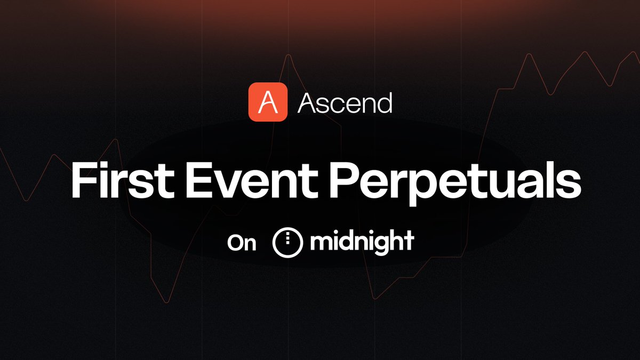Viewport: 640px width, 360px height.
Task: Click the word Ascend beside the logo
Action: tap(345, 102)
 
